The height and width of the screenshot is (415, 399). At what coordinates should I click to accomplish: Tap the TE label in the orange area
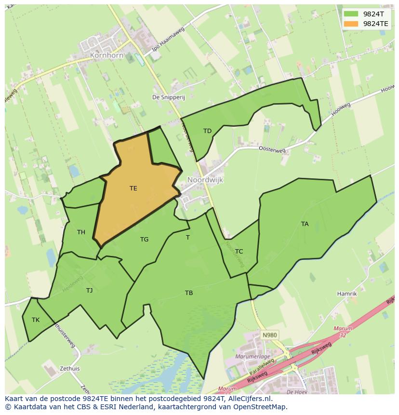tap(133, 188)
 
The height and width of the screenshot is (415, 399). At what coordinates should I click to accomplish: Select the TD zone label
tap(207, 131)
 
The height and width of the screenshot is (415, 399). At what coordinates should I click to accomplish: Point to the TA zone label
tap(305, 224)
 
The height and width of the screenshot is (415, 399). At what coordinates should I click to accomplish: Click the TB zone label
tap(189, 293)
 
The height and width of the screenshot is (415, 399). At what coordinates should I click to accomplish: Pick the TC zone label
tap(239, 251)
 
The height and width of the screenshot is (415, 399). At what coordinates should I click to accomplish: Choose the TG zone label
tap(144, 240)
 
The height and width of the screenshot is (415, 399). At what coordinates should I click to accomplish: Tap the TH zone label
tap(81, 232)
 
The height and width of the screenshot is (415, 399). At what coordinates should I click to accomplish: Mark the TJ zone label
tap(89, 290)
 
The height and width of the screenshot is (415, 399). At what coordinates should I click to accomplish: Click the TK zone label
tap(36, 320)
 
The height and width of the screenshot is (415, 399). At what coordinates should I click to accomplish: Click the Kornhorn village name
tap(106, 55)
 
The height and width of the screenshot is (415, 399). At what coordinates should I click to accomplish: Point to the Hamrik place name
tap(347, 294)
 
